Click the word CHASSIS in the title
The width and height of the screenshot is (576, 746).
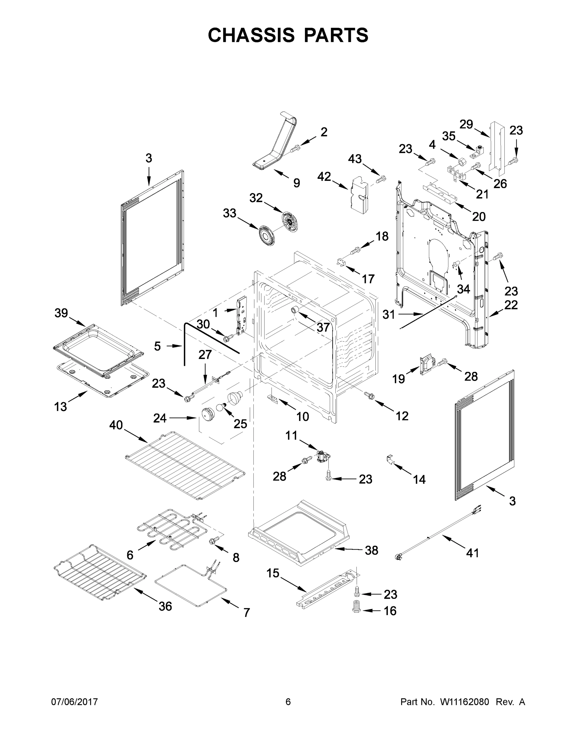[251, 35]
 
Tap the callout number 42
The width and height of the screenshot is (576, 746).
[324, 177]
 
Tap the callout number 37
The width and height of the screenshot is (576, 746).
[323, 327]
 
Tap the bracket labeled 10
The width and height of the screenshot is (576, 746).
[273, 398]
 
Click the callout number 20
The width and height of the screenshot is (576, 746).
[478, 217]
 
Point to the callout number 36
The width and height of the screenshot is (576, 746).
[165, 606]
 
